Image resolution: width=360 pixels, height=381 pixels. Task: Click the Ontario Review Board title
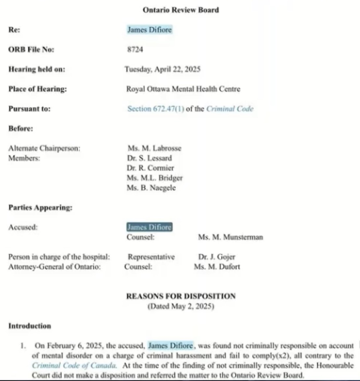click(x=181, y=10)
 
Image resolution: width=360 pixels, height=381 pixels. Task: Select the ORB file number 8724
click(x=135, y=50)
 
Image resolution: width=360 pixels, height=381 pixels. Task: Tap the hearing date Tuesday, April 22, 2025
click(x=162, y=69)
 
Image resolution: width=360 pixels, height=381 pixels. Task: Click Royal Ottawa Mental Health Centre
click(x=183, y=89)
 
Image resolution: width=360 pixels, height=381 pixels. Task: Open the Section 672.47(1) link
click(x=156, y=109)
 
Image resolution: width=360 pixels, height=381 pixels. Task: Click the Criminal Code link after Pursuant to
click(x=230, y=109)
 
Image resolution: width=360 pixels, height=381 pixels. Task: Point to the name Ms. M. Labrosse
click(x=154, y=148)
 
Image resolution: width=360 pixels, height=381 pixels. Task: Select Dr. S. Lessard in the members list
click(x=149, y=158)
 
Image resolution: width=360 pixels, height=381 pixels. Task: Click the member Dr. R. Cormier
click(x=150, y=168)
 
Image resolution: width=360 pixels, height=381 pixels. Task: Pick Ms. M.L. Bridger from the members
click(x=155, y=178)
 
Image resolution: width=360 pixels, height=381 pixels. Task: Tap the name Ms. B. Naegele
click(x=151, y=188)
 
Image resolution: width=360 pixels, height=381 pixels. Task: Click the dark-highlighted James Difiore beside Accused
click(x=149, y=227)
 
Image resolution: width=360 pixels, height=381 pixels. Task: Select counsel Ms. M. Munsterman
click(x=230, y=237)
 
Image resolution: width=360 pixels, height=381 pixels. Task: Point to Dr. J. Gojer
click(x=217, y=257)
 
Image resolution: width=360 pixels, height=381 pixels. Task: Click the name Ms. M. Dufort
click(x=217, y=267)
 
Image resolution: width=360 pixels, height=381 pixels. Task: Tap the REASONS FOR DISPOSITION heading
click(x=181, y=296)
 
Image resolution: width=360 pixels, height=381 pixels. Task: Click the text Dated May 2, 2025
click(x=181, y=306)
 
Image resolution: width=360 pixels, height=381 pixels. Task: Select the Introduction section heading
click(x=30, y=326)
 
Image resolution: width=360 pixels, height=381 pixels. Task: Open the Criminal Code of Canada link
click(x=74, y=365)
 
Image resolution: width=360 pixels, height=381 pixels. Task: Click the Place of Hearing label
click(x=38, y=89)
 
